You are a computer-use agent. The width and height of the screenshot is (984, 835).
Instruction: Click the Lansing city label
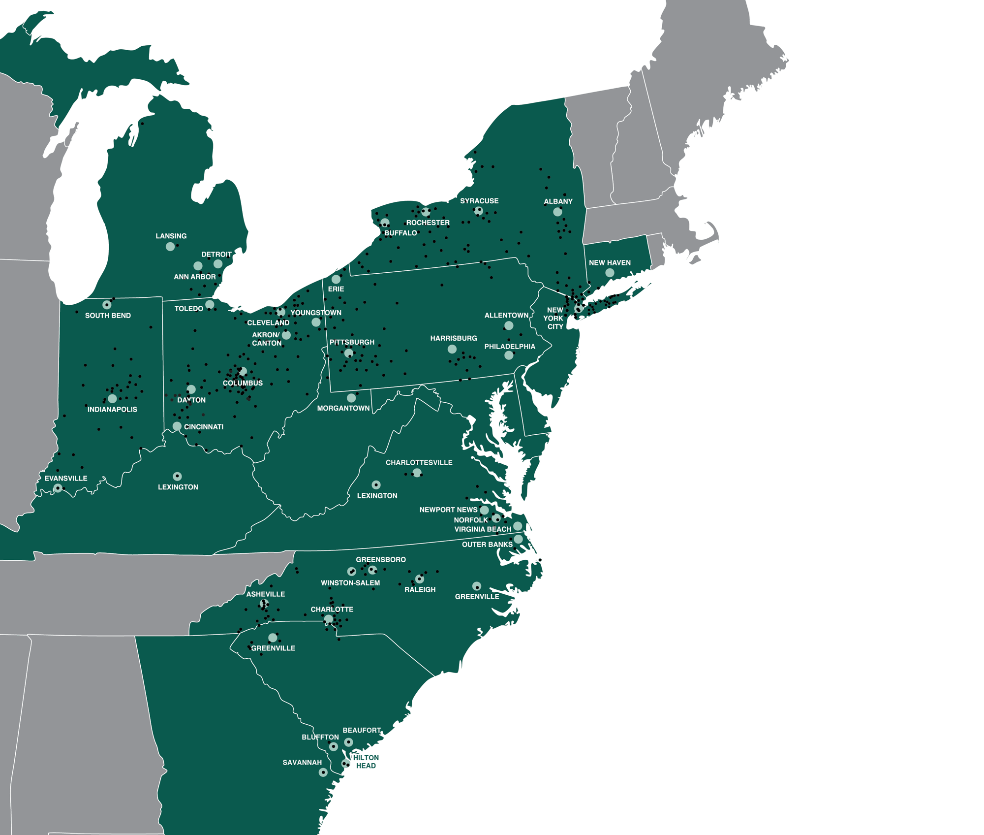pyautogui.click(x=171, y=236)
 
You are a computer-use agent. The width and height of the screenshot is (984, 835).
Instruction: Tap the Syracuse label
pyautogui.click(x=479, y=201)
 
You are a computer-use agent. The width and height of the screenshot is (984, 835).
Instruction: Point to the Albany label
pyautogui.click(x=558, y=201)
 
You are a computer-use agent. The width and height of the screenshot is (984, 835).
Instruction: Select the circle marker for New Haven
pyautogui.click(x=610, y=273)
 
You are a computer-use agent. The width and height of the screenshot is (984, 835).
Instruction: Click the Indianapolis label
pyautogui.click(x=112, y=410)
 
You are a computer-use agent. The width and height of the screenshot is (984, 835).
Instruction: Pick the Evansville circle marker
pyautogui.click(x=58, y=488)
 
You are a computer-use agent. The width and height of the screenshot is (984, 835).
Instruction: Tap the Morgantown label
pyautogui.click(x=343, y=408)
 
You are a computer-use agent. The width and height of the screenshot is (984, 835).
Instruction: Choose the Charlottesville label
pyautogui.click(x=419, y=463)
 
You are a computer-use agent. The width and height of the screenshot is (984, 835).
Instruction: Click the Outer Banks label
pyautogui.click(x=487, y=545)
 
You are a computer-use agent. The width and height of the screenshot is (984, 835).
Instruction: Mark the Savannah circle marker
pyautogui.click(x=323, y=772)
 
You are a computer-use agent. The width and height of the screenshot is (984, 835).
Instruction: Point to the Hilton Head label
pyautogui.click(x=367, y=762)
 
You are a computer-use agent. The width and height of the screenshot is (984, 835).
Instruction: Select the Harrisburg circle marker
pyautogui.click(x=452, y=349)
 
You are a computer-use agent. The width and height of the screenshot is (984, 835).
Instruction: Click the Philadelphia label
pyautogui.click(x=510, y=347)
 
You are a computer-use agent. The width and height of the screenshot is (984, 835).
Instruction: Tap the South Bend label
pyautogui.click(x=108, y=316)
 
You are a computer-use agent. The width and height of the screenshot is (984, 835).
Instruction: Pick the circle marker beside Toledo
pyautogui.click(x=210, y=304)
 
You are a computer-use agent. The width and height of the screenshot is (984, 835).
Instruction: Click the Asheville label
pyautogui.click(x=266, y=594)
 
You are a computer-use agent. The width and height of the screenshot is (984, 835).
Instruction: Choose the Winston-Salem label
pyautogui.click(x=350, y=583)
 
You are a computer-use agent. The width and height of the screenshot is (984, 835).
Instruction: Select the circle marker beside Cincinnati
pyautogui.click(x=177, y=426)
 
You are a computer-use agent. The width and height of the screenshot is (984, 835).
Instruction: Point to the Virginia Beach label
pyautogui.click(x=483, y=529)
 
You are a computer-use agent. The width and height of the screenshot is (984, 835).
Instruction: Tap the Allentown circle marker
pyautogui.click(x=509, y=325)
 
